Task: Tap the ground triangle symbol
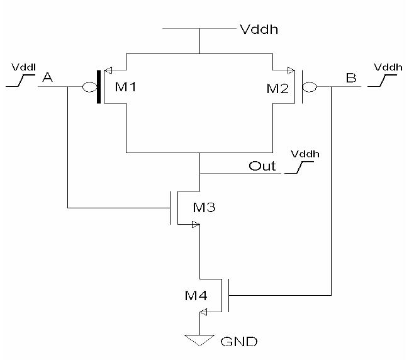[x=199, y=340]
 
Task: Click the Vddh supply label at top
[x=257, y=28]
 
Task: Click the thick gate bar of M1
[x=98, y=87]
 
